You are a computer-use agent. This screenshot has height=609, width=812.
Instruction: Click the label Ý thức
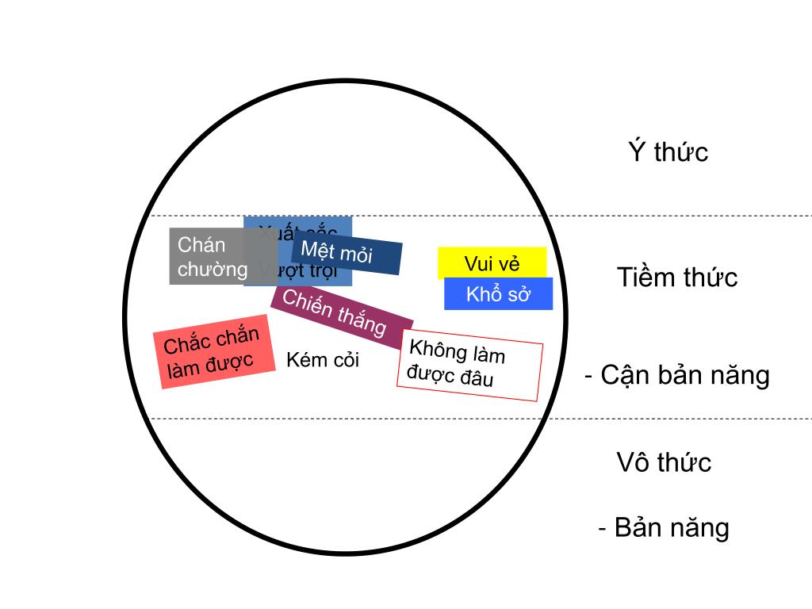click(668, 151)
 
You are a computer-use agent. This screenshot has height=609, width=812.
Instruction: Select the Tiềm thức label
click(677, 278)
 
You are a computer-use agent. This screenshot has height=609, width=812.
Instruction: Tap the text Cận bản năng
click(684, 374)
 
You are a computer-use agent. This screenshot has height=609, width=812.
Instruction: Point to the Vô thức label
click(664, 462)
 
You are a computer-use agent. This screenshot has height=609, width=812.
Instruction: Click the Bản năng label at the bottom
click(671, 527)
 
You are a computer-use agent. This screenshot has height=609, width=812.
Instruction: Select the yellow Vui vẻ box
click(492, 263)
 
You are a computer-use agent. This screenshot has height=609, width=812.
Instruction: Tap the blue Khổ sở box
click(498, 294)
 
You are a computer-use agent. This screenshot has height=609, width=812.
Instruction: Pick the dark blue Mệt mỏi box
click(346, 253)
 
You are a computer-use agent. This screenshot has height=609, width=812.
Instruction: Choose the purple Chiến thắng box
click(341, 315)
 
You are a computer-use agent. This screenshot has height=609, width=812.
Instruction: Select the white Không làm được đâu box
click(469, 364)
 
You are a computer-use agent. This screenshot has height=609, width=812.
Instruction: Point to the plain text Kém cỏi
click(322, 360)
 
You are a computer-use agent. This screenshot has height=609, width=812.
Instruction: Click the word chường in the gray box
click(213, 269)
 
